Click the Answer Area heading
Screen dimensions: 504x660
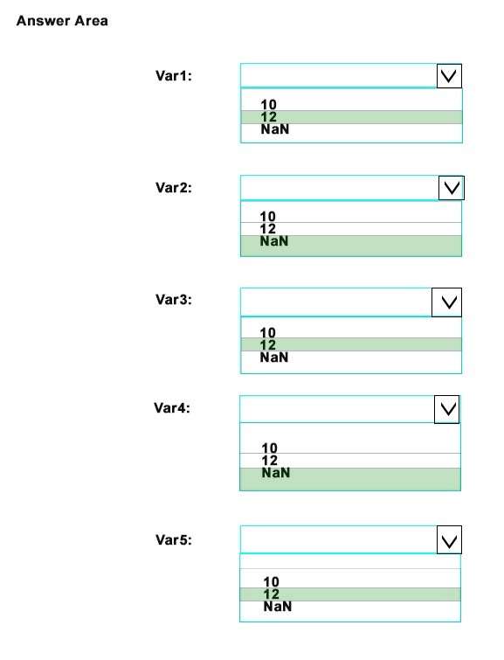(x=62, y=21)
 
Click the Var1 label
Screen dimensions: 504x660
(x=174, y=76)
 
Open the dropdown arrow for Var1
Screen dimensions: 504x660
(x=449, y=76)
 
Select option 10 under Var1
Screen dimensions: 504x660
(x=269, y=104)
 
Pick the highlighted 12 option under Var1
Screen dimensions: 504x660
(x=269, y=116)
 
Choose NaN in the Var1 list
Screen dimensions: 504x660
(x=275, y=129)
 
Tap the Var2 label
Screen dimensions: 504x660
(x=174, y=188)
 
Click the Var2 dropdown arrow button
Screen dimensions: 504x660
(x=451, y=188)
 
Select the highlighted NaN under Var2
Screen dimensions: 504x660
(x=274, y=241)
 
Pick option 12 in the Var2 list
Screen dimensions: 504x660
(x=268, y=229)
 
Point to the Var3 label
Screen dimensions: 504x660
(x=174, y=300)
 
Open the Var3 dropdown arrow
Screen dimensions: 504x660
(x=446, y=302)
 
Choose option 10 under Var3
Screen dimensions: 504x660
(x=268, y=332)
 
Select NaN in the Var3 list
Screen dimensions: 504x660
(x=274, y=358)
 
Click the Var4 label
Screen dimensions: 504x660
(x=172, y=408)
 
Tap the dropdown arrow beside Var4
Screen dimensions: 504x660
(x=446, y=409)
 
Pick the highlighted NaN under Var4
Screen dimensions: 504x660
(x=275, y=473)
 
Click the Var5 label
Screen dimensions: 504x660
(x=174, y=539)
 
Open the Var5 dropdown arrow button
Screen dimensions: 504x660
(x=449, y=539)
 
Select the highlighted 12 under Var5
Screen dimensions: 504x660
(x=272, y=594)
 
